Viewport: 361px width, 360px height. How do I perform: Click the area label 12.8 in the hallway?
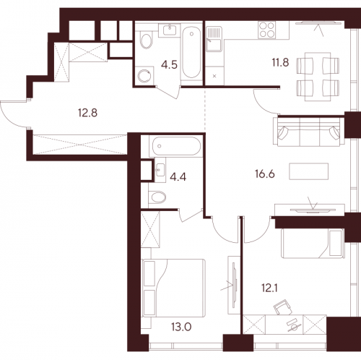85,111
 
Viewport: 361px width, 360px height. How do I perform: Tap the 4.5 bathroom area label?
169,64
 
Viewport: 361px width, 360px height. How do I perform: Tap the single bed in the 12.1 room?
310,242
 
